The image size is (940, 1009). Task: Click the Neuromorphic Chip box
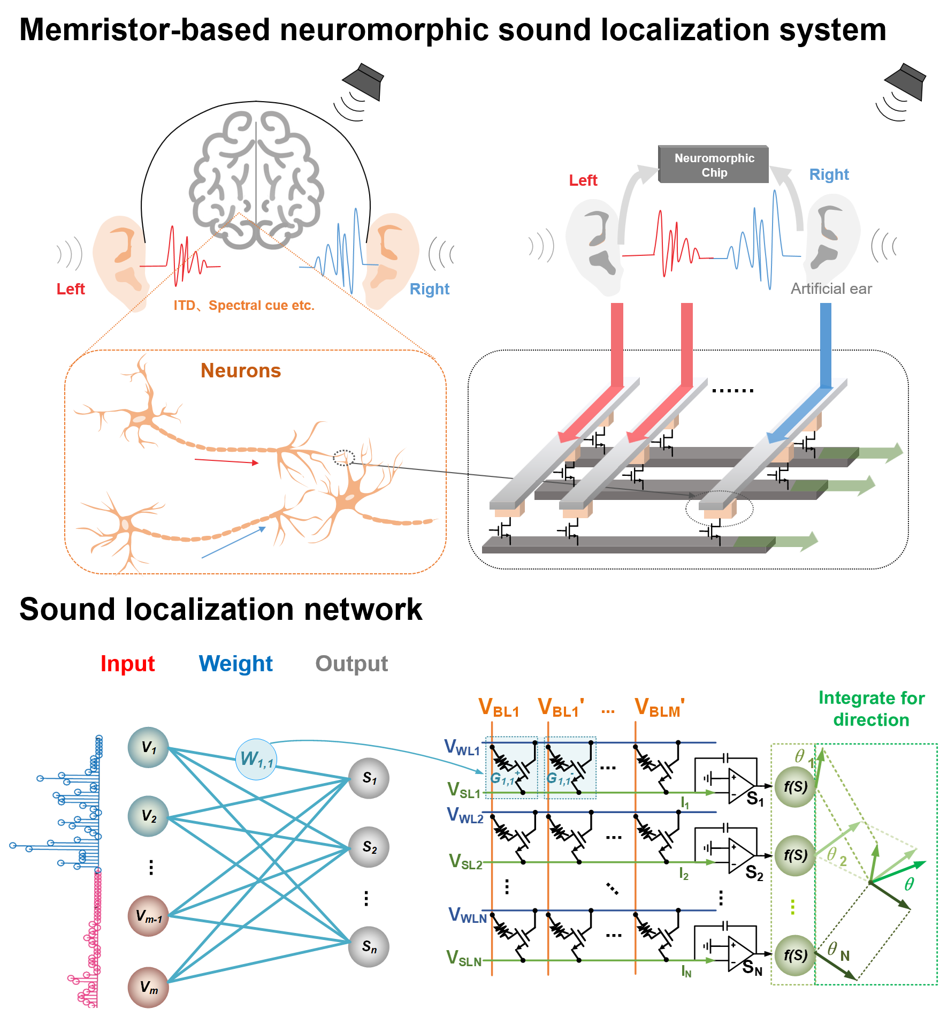[x=714, y=165]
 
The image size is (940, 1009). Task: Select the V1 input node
[x=148, y=747]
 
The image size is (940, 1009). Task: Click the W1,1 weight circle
[x=256, y=759]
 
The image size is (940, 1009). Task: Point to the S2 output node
[x=369, y=847]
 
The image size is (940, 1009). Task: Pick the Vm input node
[x=148, y=987]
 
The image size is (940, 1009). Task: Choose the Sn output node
[x=369, y=947]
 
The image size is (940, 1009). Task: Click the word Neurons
[x=241, y=370]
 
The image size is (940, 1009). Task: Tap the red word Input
[x=127, y=664]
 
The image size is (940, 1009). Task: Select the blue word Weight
[x=235, y=664]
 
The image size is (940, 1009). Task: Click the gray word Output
[x=351, y=664]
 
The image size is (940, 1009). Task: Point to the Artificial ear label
[x=831, y=289]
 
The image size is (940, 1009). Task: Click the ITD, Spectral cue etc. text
[x=244, y=306]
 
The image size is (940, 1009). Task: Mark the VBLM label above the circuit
[x=659, y=708]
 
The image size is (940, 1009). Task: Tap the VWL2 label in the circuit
[x=465, y=815]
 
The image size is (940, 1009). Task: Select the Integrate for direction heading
[x=872, y=709]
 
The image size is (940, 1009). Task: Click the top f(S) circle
[x=796, y=787]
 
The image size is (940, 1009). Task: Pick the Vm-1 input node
[x=148, y=916]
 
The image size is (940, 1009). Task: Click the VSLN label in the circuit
[x=464, y=958]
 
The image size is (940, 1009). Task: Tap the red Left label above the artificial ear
[x=583, y=180]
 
